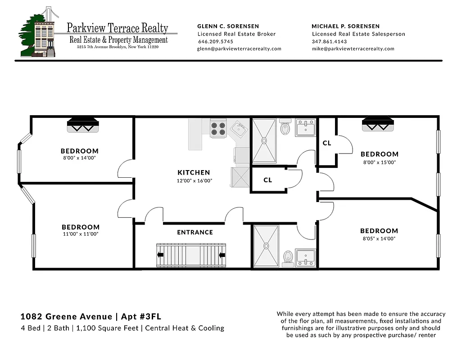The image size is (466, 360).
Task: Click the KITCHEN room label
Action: pos(194,172)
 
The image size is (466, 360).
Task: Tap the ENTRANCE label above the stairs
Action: pos(195,232)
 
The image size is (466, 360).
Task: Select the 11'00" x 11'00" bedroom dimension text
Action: pos(81,234)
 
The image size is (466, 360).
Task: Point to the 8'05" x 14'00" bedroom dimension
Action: pos(379,238)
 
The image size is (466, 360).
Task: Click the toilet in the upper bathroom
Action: pos(285,128)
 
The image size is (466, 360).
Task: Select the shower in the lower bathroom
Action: pos(266,247)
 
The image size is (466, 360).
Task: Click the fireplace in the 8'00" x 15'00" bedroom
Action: pos(378,123)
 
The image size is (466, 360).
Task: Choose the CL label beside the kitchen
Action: pos(267,180)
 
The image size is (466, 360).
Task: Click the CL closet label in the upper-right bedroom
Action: pos(327,143)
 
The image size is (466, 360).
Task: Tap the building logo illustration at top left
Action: pos(38,32)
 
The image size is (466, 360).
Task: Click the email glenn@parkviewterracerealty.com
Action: pos(239,49)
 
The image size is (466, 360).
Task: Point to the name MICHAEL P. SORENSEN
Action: pos(345,26)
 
